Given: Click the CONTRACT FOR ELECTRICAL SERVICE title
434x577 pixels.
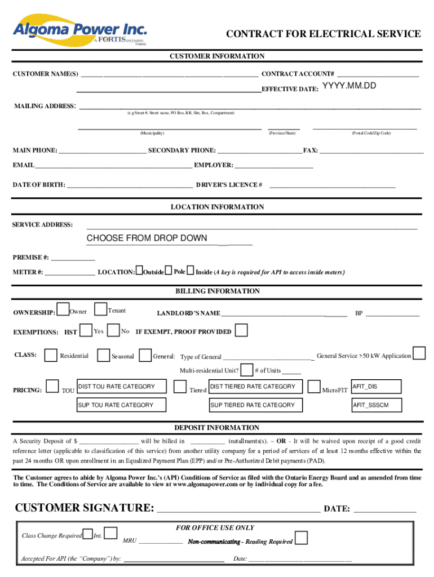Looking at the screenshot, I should point(323,34).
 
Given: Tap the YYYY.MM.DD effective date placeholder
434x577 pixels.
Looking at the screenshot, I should point(349,86).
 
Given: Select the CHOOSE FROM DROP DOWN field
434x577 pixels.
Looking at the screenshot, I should point(147,238).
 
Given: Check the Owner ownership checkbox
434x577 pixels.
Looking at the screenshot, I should point(64,310).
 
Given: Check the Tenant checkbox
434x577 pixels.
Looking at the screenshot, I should point(100,309).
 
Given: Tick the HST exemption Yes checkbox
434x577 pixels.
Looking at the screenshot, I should point(86,330).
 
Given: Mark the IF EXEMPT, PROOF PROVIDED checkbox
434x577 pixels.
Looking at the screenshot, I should point(241,330).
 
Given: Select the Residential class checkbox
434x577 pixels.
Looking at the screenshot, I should point(51,355).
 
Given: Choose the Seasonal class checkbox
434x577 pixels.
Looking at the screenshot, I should point(104,355).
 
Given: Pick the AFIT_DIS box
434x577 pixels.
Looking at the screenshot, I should point(376,387).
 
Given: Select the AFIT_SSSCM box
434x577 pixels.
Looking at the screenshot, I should point(376,405).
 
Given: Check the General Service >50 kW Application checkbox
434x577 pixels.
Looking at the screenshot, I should point(419,353).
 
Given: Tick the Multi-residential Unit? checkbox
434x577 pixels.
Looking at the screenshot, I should point(246,370).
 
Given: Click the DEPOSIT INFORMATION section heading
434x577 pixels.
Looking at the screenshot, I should point(217,428).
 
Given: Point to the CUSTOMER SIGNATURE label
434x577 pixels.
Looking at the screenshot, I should point(85,508).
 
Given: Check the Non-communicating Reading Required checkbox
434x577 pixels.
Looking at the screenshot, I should point(302,538).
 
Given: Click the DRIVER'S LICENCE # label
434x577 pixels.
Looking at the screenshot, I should point(228,185).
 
